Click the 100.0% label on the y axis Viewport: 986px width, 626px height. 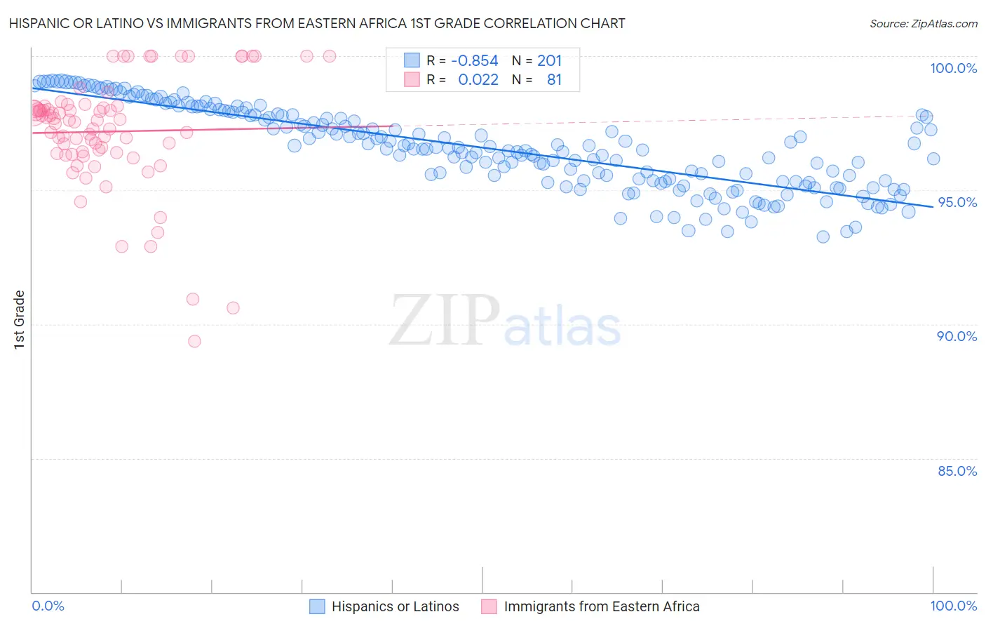coord(953,68)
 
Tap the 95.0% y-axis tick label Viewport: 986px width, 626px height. coord(957,202)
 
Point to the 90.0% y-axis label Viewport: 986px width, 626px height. coord(957,336)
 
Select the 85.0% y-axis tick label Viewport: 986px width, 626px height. coord(957,471)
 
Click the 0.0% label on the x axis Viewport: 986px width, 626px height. coord(48,606)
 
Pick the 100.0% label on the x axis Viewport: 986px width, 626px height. coord(953,606)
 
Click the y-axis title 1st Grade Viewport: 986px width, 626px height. coord(20,319)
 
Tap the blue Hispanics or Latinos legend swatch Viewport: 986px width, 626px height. coord(317,606)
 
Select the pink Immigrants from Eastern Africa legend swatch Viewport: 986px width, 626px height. coord(489,606)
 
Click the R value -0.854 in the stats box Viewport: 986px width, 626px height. coord(474,61)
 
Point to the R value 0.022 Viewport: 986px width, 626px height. coord(478,80)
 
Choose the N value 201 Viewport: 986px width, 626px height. coord(550,61)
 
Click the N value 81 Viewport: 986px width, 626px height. coord(554,80)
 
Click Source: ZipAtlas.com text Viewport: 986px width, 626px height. coord(923,24)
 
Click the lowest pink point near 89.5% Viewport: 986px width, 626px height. coord(194,341)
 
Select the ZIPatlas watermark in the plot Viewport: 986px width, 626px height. coord(505,321)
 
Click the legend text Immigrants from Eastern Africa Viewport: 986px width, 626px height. coord(602,606)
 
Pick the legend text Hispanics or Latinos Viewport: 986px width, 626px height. coord(396,606)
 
